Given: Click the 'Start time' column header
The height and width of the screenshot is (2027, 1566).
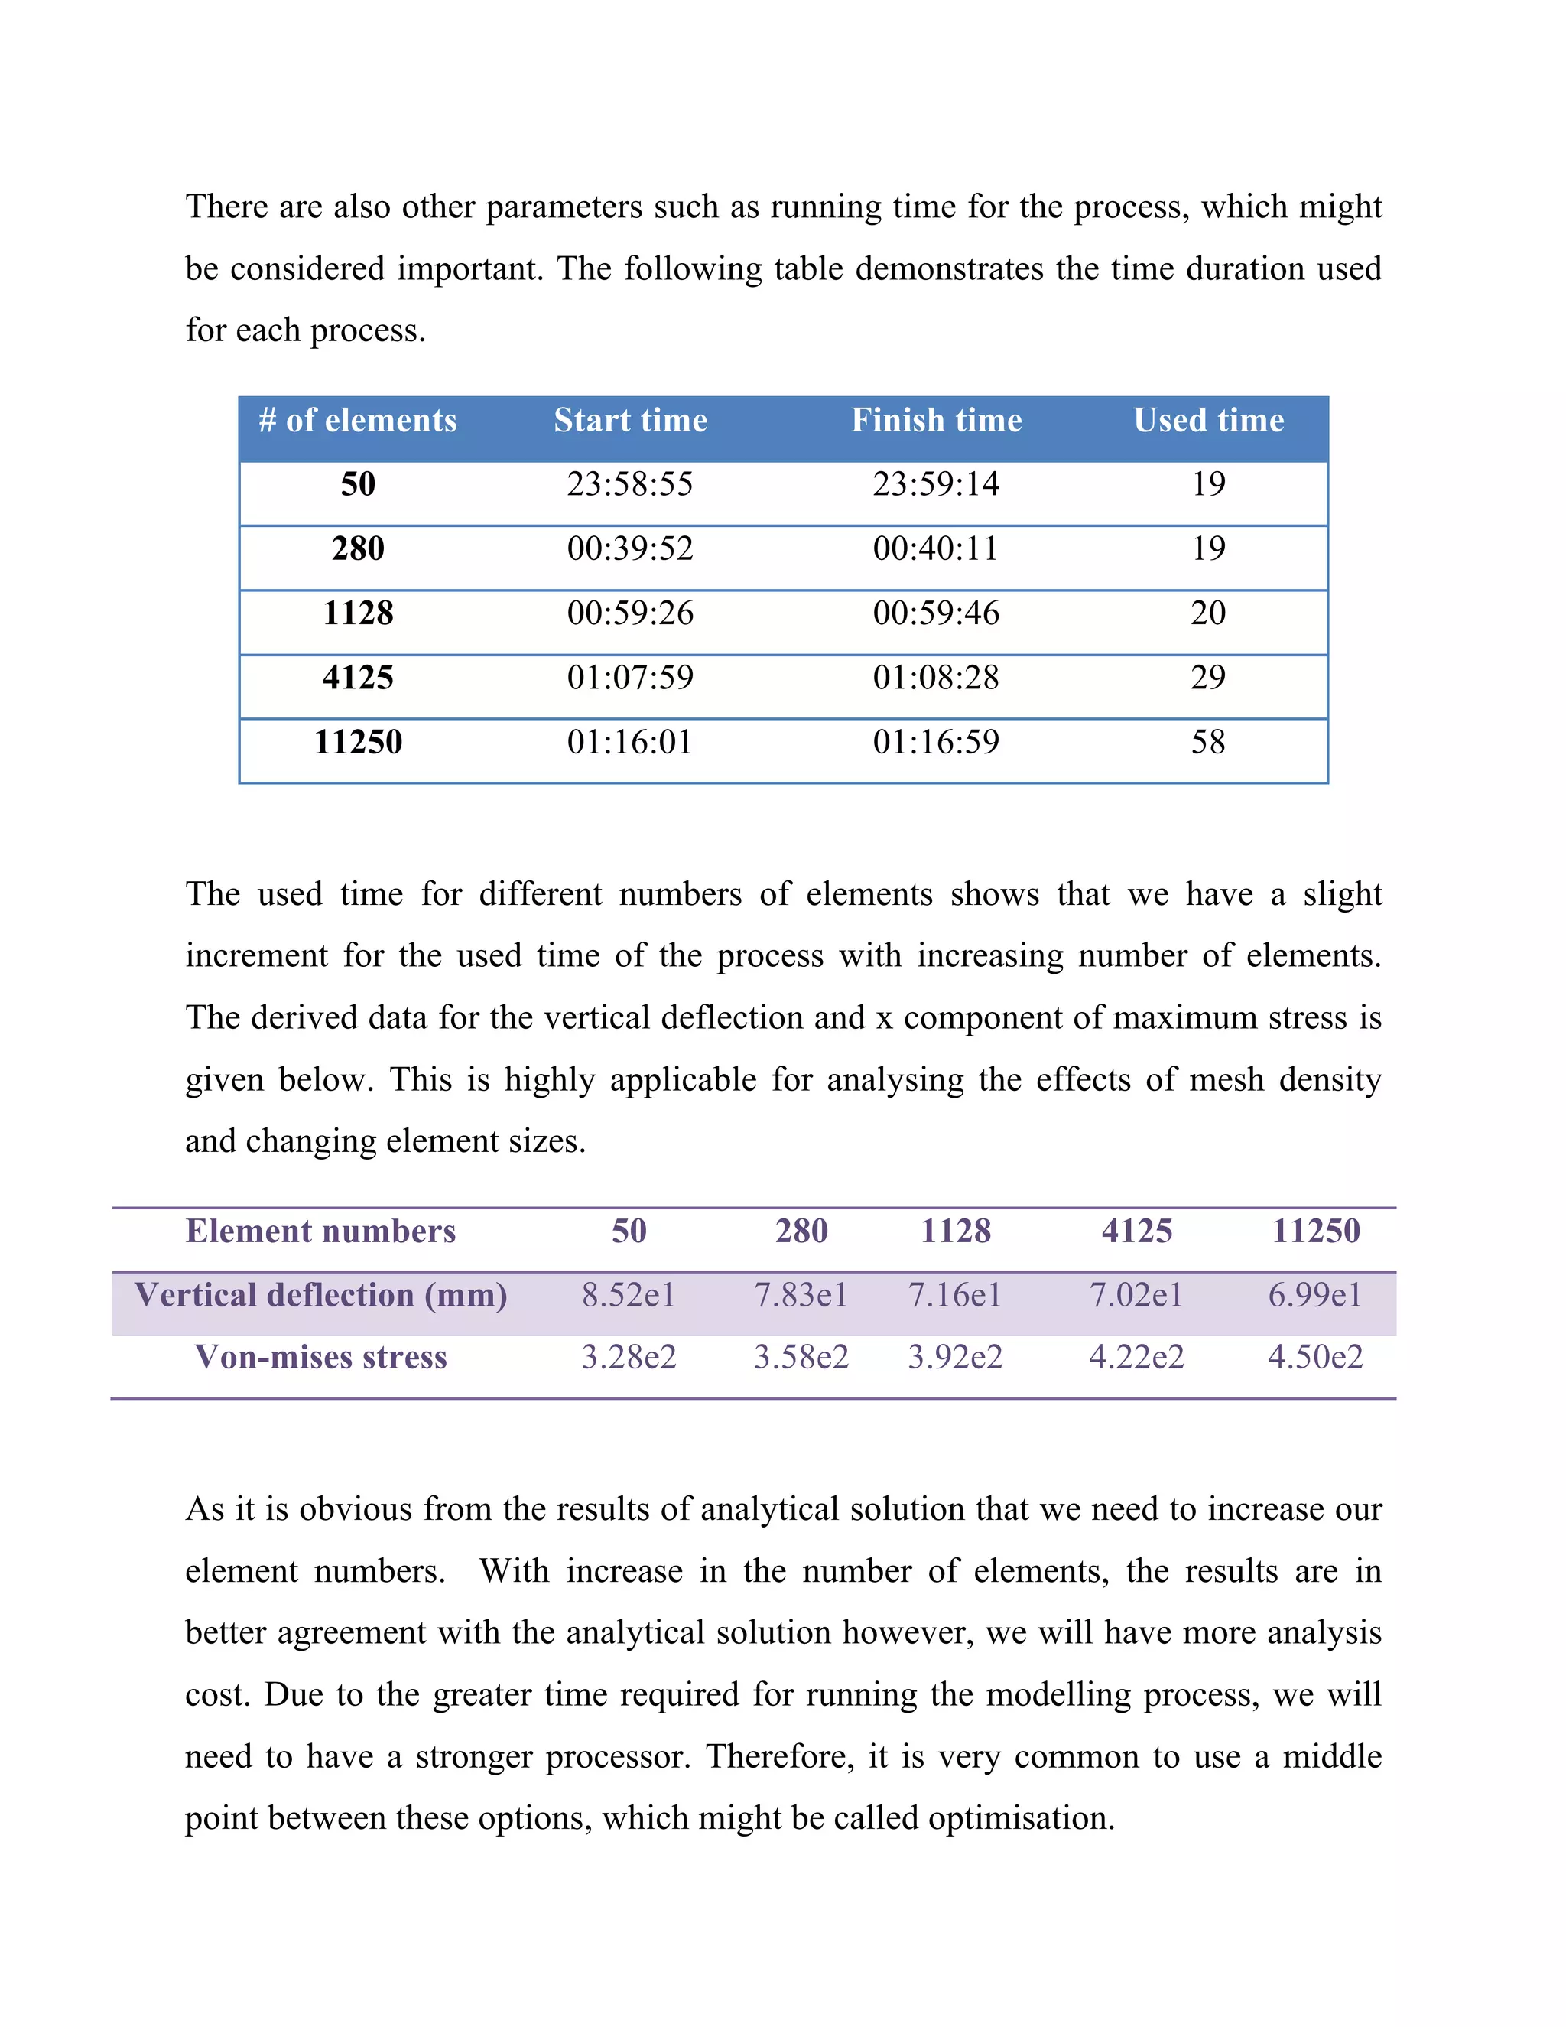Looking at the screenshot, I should point(630,421).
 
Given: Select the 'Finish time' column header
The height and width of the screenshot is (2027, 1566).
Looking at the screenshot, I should point(936,421).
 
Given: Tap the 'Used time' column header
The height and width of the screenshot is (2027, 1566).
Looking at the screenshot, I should point(1208,421).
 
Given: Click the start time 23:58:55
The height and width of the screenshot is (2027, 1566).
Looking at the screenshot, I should point(630,484).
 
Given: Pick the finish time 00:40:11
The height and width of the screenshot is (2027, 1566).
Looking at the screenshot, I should point(935,548).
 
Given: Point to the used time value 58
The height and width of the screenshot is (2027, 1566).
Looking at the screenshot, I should point(1208,743).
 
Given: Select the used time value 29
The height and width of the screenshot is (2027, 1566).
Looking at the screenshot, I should point(1208,678).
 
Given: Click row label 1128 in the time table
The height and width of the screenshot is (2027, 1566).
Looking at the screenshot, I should point(358,613).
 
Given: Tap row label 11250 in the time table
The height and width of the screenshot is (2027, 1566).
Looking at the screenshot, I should point(358,743).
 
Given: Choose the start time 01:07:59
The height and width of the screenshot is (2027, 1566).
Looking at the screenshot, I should point(630,678).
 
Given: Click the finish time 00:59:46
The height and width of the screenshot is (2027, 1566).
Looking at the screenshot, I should point(935,613).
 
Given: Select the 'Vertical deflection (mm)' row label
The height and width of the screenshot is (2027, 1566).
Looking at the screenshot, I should point(321,1296).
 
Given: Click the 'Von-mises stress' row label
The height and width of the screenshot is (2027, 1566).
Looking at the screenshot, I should point(321,1358).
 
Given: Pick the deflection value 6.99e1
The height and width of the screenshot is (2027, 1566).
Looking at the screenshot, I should point(1314,1296).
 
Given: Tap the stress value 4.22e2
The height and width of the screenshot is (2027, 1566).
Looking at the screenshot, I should point(1136,1358).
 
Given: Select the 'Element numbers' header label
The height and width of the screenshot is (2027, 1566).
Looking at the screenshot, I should point(321,1231).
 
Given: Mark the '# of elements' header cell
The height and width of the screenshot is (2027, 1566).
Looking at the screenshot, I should point(358,421).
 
